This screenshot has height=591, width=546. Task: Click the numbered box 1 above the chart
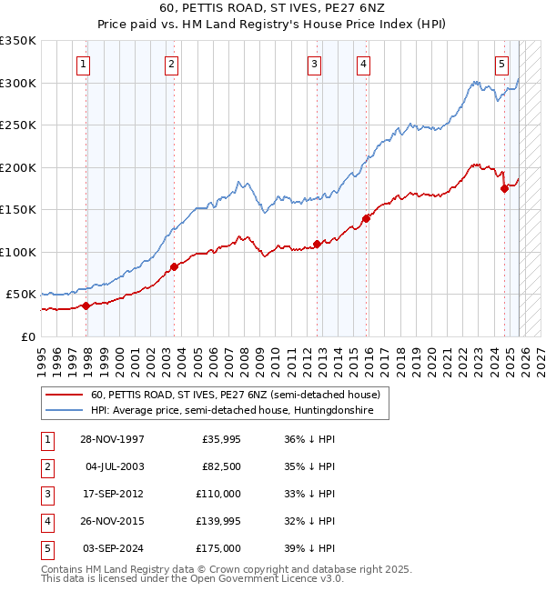pos(83,64)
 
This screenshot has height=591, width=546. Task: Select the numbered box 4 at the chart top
pos(363,64)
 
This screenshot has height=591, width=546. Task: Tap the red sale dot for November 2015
pos(366,218)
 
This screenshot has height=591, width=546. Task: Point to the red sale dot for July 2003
pos(174,266)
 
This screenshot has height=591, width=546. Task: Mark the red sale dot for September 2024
pos(504,189)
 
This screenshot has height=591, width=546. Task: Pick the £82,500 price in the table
pos(221,466)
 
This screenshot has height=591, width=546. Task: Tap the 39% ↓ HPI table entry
pos(309,548)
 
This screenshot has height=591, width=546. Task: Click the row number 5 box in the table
pos(45,548)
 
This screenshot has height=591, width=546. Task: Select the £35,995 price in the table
pos(221,439)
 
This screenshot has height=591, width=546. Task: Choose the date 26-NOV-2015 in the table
pos(112,521)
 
